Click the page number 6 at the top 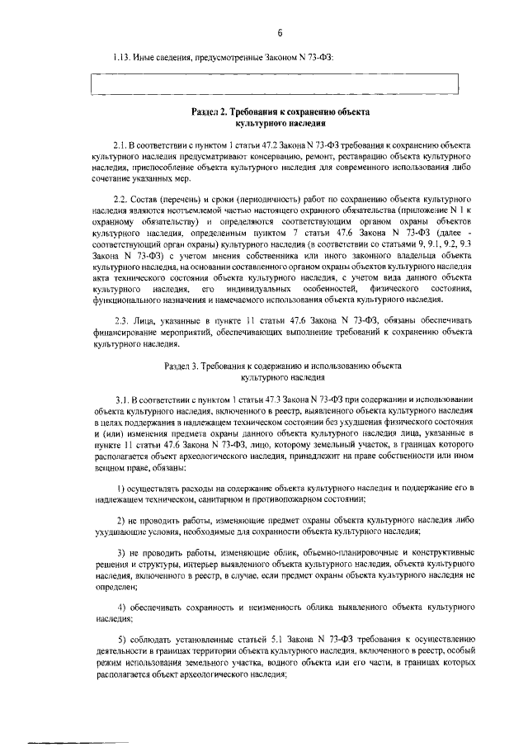coord(280,33)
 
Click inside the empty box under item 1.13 coord(274,85)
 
